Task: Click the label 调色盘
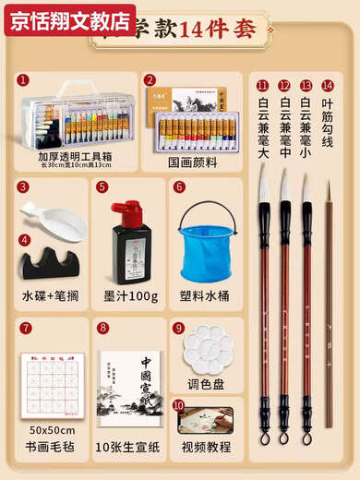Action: click(209, 383)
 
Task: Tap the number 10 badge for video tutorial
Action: click(178, 404)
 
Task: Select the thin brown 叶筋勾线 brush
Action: click(328, 305)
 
